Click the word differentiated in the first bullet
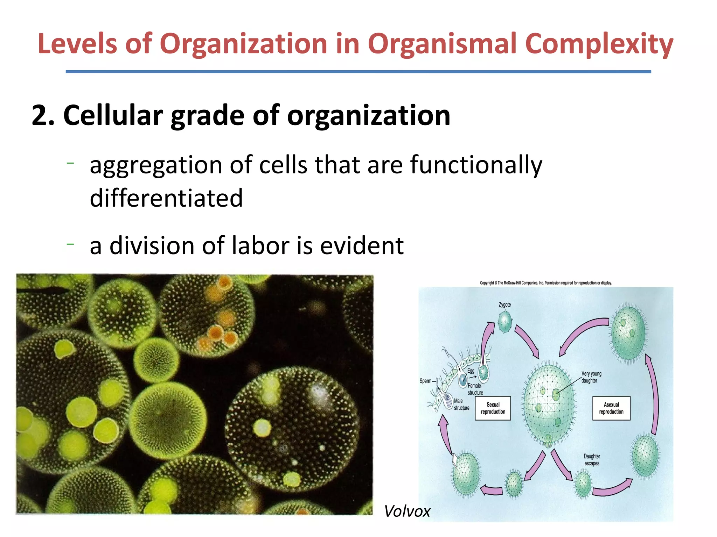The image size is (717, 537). pos(166,198)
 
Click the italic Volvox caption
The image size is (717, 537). pos(407,511)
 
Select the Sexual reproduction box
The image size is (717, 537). pos(493,408)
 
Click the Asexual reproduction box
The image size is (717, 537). pos(611,408)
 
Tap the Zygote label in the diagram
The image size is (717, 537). pos(504,305)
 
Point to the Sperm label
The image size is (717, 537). pos(425,381)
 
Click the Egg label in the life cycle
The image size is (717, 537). pos(471,371)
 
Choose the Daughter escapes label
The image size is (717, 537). pos(592,460)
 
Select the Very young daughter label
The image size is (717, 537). pos(591,377)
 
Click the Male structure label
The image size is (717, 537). pos(461,404)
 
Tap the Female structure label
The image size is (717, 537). pos(475,389)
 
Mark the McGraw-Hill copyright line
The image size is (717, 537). pos(545,283)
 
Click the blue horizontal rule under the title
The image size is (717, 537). pos(358,72)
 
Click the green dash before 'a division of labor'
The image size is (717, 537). pos(70,244)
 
